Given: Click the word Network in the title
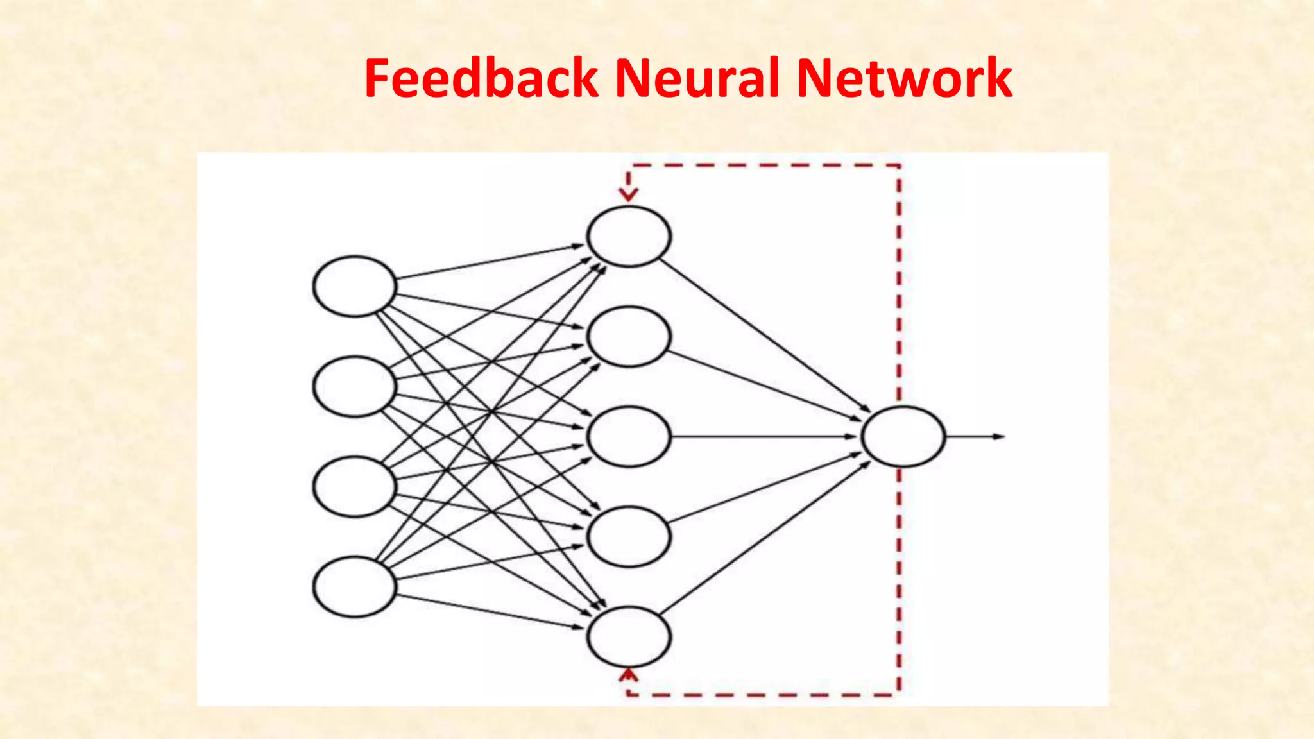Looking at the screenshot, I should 905,78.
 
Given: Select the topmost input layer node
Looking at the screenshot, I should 355,286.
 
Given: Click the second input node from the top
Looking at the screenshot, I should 355,387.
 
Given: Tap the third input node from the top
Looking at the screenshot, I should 355,487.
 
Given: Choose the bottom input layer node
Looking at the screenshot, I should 355,587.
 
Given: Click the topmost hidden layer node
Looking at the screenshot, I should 629,236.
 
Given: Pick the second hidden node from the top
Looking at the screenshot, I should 629,336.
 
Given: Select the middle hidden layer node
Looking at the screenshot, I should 629,436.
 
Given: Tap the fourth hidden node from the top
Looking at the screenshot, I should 629,536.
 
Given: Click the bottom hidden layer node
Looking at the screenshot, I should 629,636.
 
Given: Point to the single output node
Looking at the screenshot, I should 903,436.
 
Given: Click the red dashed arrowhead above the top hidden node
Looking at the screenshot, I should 629,194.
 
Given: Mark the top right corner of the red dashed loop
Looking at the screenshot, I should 899,166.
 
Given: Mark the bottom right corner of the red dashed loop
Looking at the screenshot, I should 899,694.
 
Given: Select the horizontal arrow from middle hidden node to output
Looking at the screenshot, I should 764,437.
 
